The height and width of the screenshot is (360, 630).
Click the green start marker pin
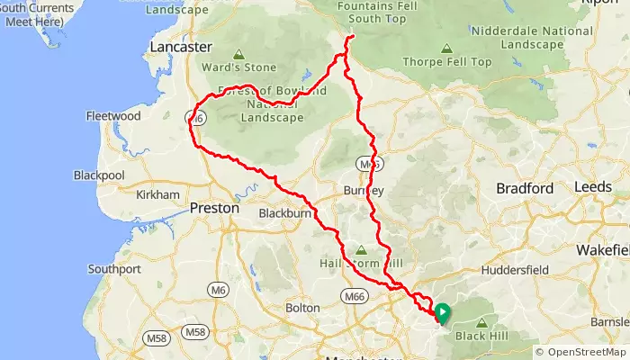442,312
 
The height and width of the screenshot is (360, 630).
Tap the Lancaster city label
181,47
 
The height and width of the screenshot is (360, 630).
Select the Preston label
215,208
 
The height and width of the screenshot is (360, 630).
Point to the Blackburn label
284,213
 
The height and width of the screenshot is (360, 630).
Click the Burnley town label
364,190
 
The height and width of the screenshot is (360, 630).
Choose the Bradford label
525,188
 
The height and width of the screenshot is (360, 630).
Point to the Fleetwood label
113,116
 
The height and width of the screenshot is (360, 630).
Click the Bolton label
301,308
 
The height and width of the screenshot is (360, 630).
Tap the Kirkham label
157,194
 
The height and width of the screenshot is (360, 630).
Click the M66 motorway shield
353,295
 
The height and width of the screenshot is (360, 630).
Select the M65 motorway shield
364,165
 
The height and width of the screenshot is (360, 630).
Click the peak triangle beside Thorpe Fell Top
447,51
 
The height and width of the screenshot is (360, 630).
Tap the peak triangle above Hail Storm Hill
362,251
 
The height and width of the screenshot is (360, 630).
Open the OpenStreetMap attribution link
585,352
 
